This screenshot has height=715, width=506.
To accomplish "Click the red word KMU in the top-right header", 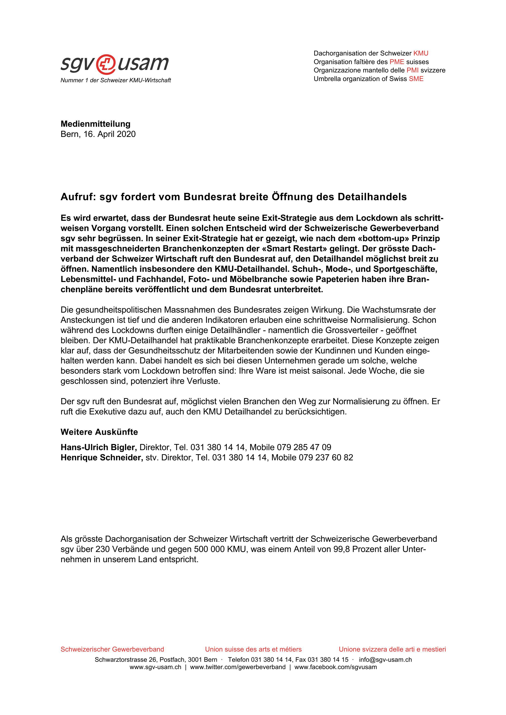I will (421, 53).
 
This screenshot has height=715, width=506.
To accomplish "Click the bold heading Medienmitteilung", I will (95, 124).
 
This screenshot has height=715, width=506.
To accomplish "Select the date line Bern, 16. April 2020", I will (98, 134).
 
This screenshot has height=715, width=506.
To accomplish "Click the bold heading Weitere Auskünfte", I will (99, 432).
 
